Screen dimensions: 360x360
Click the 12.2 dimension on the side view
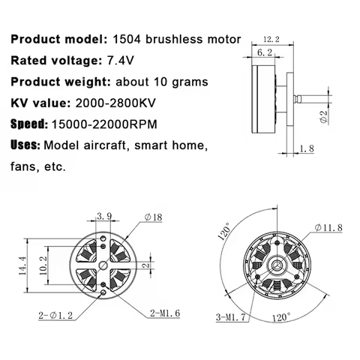271,40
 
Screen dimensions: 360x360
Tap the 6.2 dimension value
264,54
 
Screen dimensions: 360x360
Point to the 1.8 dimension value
306,148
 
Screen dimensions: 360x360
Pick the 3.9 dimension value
105,217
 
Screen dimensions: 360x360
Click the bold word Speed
28,123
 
